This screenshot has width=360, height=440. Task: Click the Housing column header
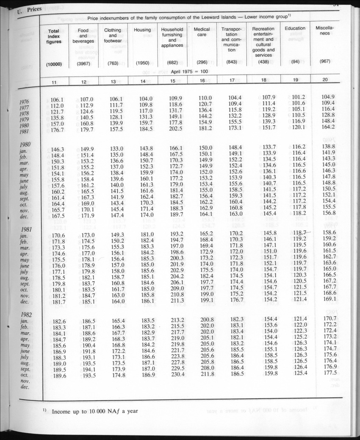(x=142, y=30)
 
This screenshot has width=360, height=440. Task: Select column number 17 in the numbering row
(x=231, y=80)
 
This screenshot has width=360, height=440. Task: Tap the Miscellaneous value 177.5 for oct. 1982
(x=329, y=373)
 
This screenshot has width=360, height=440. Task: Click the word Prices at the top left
(x=33, y=10)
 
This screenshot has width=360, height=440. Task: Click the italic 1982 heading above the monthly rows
(x=27, y=314)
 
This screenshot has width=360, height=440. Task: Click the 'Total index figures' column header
(x=54, y=36)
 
